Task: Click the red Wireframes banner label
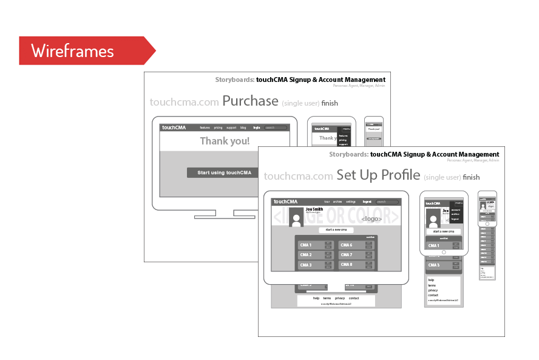(73, 51)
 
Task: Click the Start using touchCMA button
(224, 173)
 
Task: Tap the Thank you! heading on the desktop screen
(225, 141)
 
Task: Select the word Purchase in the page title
(250, 101)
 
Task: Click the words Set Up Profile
(378, 175)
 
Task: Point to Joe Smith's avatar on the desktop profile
(296, 217)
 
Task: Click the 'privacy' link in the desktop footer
(340, 298)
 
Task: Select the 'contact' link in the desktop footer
(354, 298)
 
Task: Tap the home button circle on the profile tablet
(444, 252)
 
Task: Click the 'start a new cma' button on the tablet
(444, 231)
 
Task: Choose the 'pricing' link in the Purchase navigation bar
(218, 128)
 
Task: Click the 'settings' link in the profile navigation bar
(351, 202)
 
